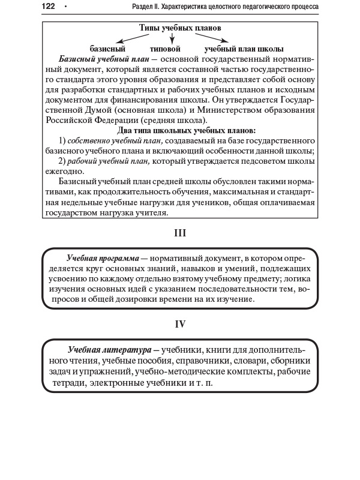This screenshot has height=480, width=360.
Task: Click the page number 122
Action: click(x=48, y=7)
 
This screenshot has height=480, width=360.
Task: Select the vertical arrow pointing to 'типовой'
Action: click(x=172, y=38)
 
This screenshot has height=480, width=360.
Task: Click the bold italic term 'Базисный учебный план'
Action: click(x=104, y=60)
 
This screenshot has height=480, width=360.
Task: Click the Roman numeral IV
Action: click(x=180, y=325)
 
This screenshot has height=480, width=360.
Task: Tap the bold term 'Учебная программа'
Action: click(x=103, y=257)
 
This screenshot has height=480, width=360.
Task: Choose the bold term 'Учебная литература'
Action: click(x=109, y=349)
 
